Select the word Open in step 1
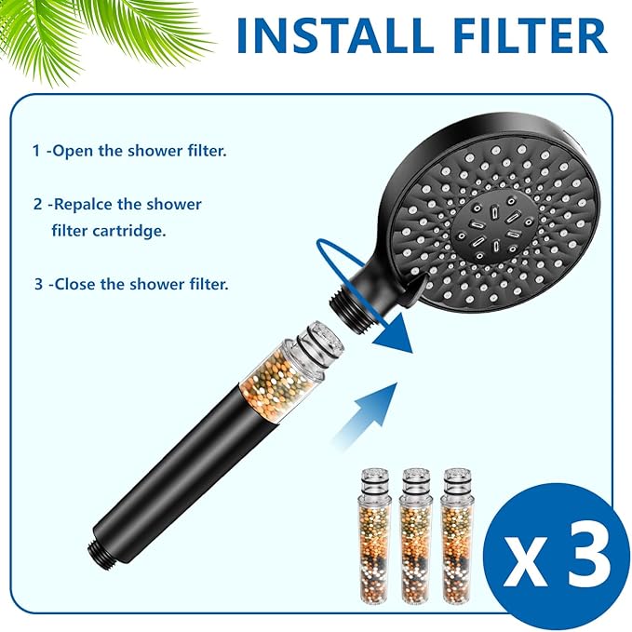74,151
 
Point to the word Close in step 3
76,284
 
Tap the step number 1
37,151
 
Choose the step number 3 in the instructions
38,284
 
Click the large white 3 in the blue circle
584,557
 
